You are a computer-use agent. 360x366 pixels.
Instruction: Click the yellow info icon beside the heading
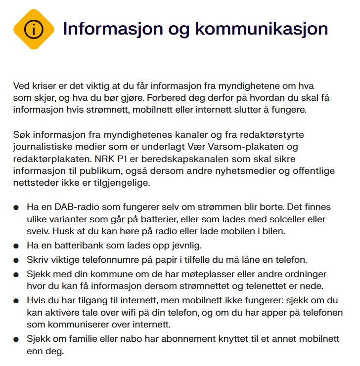pyautogui.click(x=33, y=29)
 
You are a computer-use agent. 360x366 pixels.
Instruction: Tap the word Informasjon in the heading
pyautogui.click(x=111, y=29)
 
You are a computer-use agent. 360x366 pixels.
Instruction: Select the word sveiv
pyautogui.click(x=37, y=230)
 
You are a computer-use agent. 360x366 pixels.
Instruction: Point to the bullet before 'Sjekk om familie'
pyautogui.click(x=17, y=340)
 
